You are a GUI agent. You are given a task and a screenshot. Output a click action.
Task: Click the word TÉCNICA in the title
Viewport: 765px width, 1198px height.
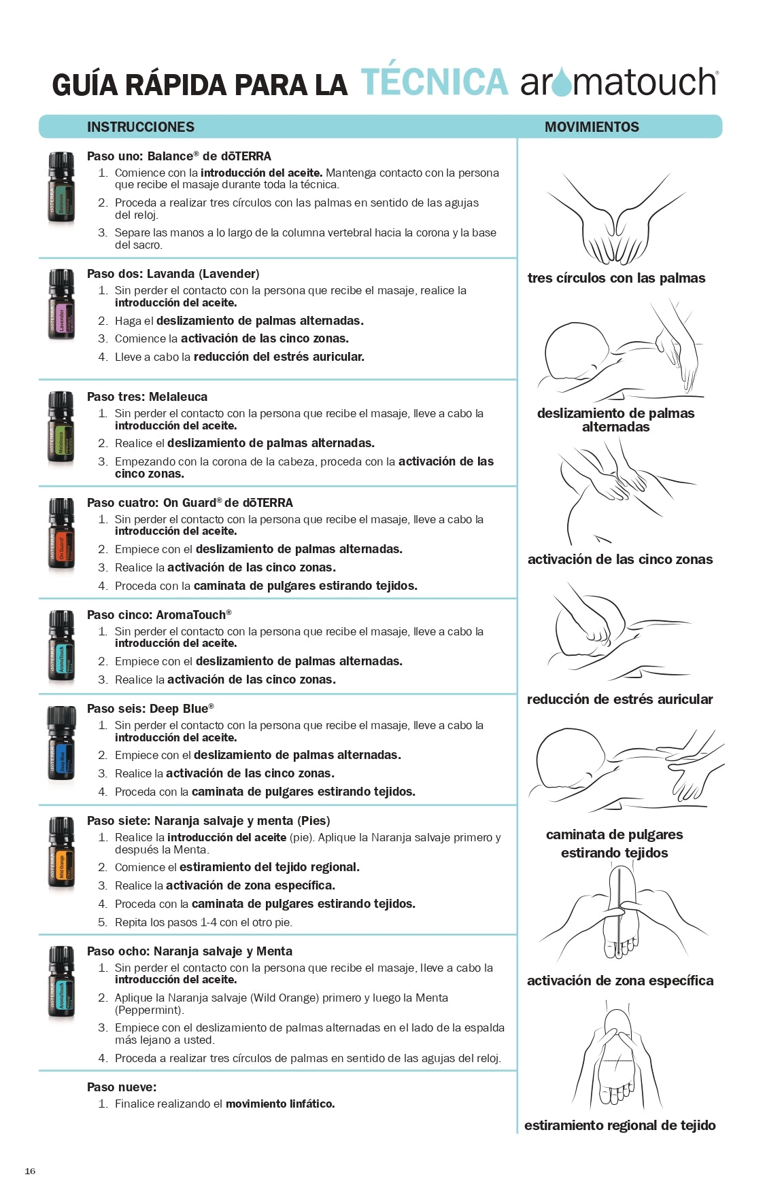tap(434, 82)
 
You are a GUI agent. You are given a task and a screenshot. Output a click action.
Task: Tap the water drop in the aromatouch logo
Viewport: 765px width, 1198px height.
tap(562, 84)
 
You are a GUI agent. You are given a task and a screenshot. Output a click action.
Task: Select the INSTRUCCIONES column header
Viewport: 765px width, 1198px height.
tap(140, 127)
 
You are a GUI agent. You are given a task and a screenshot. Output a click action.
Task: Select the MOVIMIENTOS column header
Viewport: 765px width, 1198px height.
tap(592, 127)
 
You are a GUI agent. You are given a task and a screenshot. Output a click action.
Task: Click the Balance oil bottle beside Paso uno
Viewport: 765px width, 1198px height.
tap(61, 188)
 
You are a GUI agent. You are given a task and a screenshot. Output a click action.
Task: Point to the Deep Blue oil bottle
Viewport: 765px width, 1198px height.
tap(61, 745)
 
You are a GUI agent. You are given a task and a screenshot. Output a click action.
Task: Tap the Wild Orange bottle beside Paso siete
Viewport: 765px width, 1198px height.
tap(61, 853)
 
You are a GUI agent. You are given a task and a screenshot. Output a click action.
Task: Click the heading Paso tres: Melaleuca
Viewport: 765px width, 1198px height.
tap(147, 397)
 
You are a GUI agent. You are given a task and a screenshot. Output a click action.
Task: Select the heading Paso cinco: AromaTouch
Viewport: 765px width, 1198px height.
tap(159, 615)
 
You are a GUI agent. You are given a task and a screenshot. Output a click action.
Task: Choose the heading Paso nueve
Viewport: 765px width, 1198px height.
tap(122, 1087)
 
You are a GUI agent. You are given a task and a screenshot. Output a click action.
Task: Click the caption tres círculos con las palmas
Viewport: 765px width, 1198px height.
tap(616, 278)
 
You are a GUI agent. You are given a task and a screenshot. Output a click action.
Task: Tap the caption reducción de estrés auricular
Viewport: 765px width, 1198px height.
tap(619, 699)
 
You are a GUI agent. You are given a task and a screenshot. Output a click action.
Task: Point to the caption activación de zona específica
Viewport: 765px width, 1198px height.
tap(620, 981)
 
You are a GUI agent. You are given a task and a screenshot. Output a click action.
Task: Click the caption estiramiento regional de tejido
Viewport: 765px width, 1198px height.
tap(619, 1125)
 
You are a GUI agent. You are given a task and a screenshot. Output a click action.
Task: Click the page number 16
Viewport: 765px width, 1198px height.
tap(30, 1171)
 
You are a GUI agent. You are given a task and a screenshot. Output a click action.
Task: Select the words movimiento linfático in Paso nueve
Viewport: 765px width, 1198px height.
tap(280, 1104)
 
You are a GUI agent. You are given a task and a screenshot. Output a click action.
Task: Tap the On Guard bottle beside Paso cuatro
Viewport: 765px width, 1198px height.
tap(61, 535)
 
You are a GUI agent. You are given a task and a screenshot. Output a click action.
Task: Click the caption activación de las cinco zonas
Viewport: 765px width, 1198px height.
tap(619, 559)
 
